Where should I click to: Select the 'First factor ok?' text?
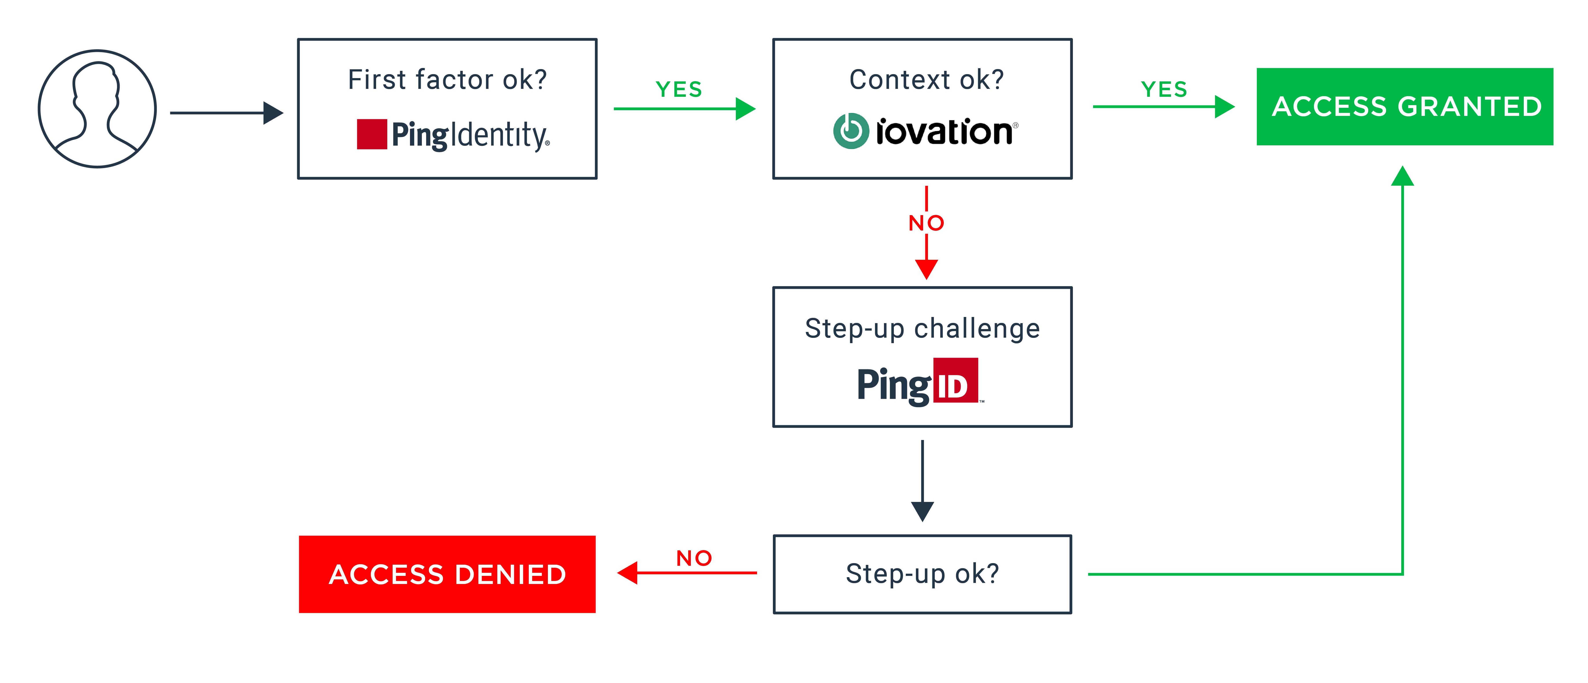(447, 80)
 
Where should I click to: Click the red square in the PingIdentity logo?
(372, 134)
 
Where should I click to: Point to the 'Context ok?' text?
(926, 80)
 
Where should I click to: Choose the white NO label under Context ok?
(926, 223)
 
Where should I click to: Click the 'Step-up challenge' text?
(922, 329)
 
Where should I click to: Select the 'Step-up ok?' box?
(922, 574)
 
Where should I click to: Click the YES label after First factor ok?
(679, 89)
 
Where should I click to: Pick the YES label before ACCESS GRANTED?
(1164, 89)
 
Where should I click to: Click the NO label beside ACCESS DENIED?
(694, 558)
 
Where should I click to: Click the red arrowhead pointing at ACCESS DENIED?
(628, 573)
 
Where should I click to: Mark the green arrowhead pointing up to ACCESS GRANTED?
(1402, 176)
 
